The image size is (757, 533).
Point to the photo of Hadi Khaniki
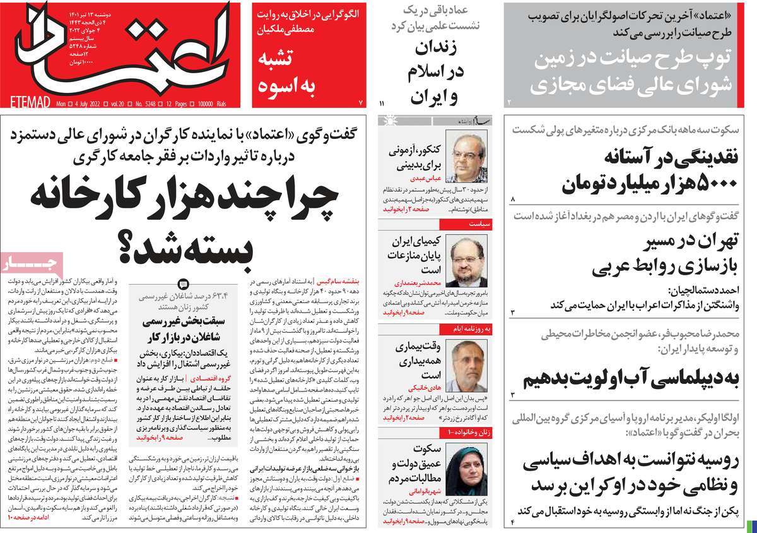click(x=466, y=365)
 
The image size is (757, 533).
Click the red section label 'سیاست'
click(x=478, y=223)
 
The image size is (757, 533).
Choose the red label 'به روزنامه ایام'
click(x=467, y=329)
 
